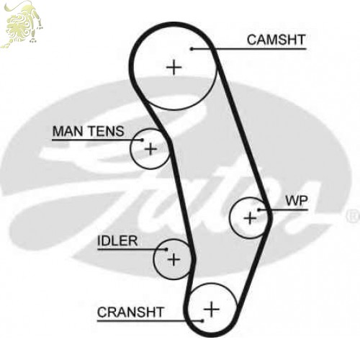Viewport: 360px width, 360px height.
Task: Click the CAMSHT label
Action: tap(276, 40)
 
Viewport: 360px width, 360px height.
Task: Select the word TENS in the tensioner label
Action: tap(106, 131)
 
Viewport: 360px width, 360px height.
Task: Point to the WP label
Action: tap(297, 201)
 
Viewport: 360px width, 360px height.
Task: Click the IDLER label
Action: tap(117, 241)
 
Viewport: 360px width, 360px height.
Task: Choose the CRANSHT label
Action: tap(130, 312)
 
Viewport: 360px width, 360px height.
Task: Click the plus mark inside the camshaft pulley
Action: tap(174, 68)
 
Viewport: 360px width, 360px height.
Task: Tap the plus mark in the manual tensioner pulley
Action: tap(150, 149)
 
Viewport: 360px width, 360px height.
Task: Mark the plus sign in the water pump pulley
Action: tap(250, 218)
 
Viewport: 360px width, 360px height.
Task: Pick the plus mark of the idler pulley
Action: tap(174, 259)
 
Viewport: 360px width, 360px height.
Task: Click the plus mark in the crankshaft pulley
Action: tap(212, 309)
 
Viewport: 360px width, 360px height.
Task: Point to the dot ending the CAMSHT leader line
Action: tap(192, 49)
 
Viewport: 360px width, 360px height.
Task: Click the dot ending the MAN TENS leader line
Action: tap(142, 140)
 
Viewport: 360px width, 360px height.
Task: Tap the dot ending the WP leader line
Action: tap(259, 210)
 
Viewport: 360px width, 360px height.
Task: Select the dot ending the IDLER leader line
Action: tap(166, 249)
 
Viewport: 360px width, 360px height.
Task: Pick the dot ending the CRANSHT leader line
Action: tap(202, 320)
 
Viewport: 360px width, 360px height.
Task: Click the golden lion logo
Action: tap(22, 24)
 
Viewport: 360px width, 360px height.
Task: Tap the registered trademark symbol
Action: tap(353, 217)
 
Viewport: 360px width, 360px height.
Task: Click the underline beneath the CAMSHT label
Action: tap(249, 49)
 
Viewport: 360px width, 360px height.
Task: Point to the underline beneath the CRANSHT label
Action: tap(150, 320)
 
